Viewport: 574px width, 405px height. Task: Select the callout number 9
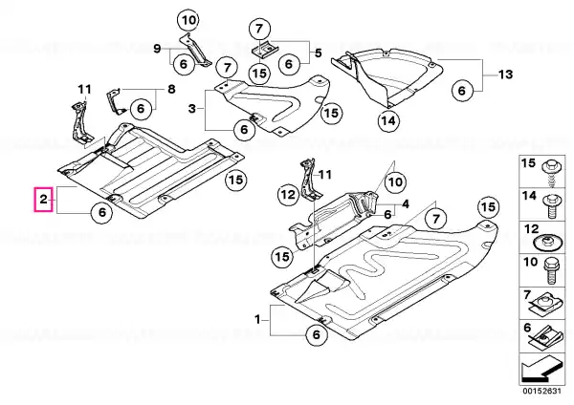tap(158, 47)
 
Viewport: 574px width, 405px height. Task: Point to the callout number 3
tap(192, 111)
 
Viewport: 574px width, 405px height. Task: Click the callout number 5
tap(319, 53)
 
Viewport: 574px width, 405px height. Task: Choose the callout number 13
tap(506, 75)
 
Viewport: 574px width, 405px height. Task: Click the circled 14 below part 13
tap(387, 120)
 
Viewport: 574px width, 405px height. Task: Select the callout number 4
tap(406, 203)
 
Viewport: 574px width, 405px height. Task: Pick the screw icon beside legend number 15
tap(554, 171)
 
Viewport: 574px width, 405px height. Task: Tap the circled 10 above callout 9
tap(188, 20)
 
